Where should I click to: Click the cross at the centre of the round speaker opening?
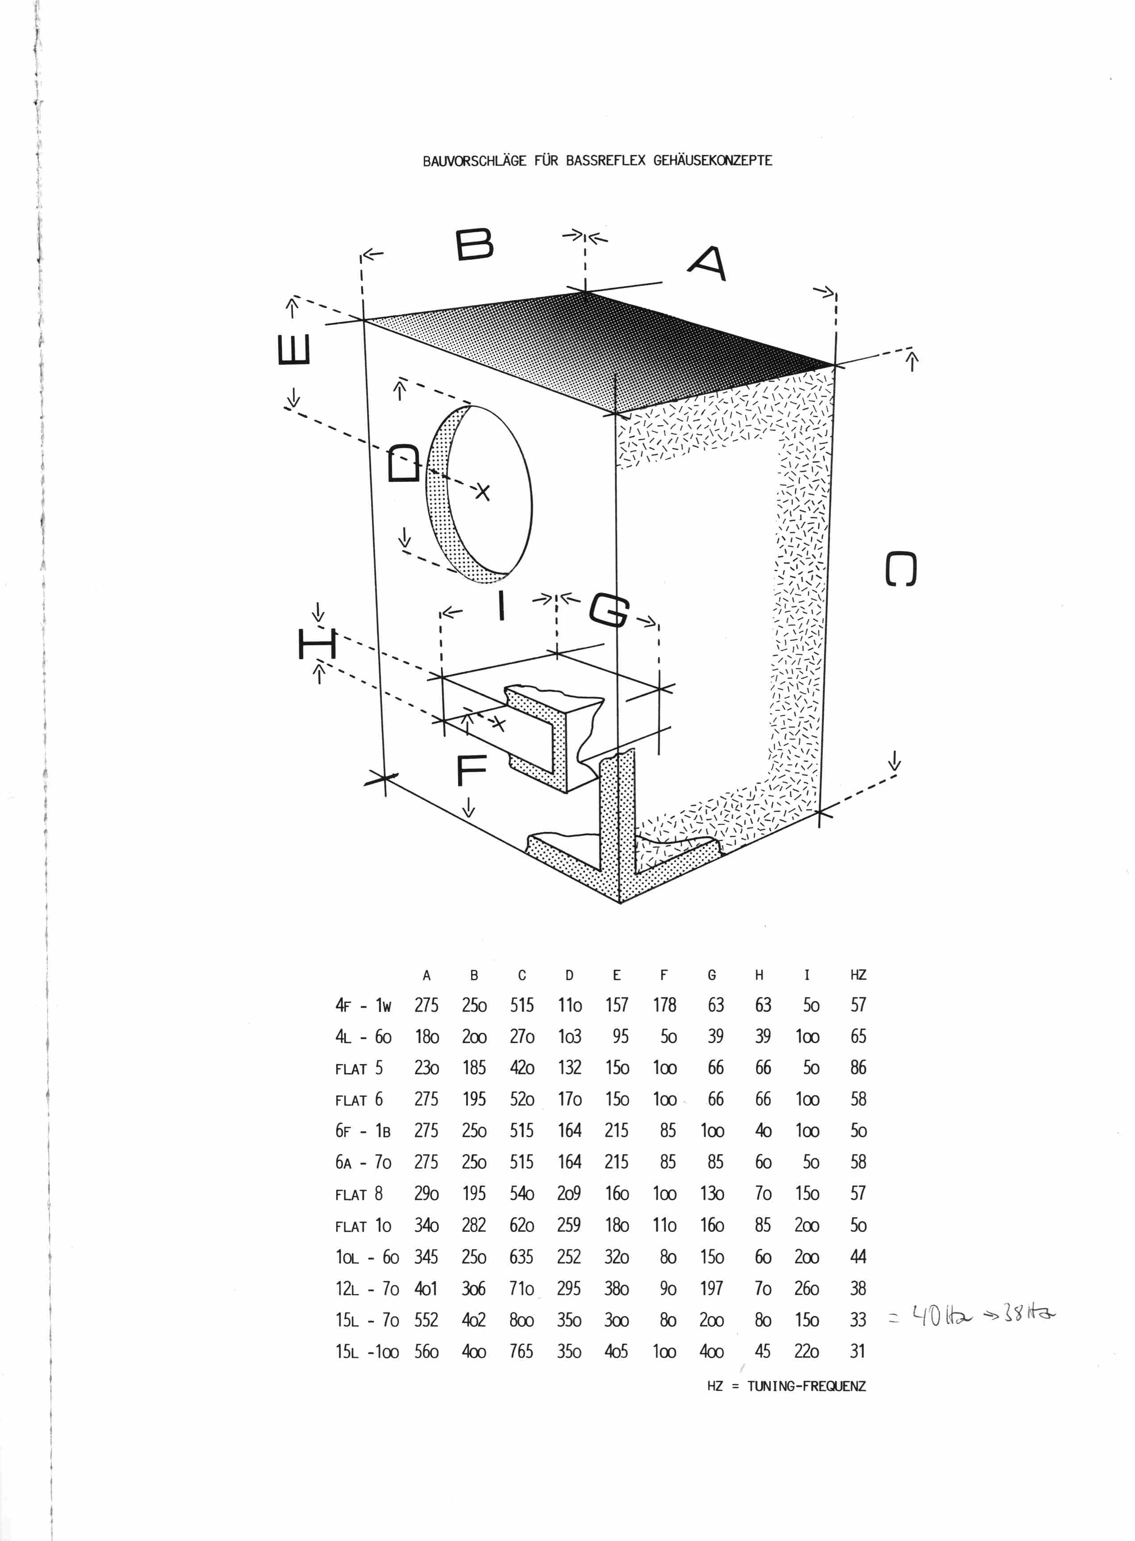click(484, 492)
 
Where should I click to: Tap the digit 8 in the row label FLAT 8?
click(379, 1193)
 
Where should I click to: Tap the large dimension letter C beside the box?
click(901, 569)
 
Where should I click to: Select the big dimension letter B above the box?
click(475, 245)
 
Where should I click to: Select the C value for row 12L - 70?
click(522, 1288)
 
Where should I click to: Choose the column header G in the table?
click(712, 975)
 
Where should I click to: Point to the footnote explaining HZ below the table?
click(787, 1386)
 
